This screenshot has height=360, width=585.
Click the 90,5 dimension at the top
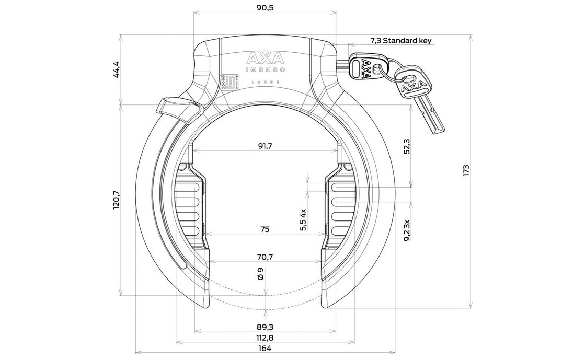point(266,7)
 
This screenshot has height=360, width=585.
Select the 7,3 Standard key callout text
point(401,40)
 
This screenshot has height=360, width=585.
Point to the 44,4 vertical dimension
point(117,70)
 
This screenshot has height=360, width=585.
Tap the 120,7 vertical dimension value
point(117,200)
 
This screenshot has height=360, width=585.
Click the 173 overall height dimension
point(467,170)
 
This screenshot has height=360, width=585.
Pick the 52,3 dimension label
point(407,146)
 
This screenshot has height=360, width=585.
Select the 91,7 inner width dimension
point(266,146)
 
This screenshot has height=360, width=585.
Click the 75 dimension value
point(265,229)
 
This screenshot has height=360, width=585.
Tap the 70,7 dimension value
point(266,257)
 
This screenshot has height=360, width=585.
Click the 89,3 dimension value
point(266,327)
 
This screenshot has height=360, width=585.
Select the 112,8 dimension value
point(266,338)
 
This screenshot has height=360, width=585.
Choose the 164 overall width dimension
point(265,349)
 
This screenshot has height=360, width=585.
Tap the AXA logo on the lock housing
point(265,57)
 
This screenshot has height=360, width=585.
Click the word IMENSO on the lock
point(265,69)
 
